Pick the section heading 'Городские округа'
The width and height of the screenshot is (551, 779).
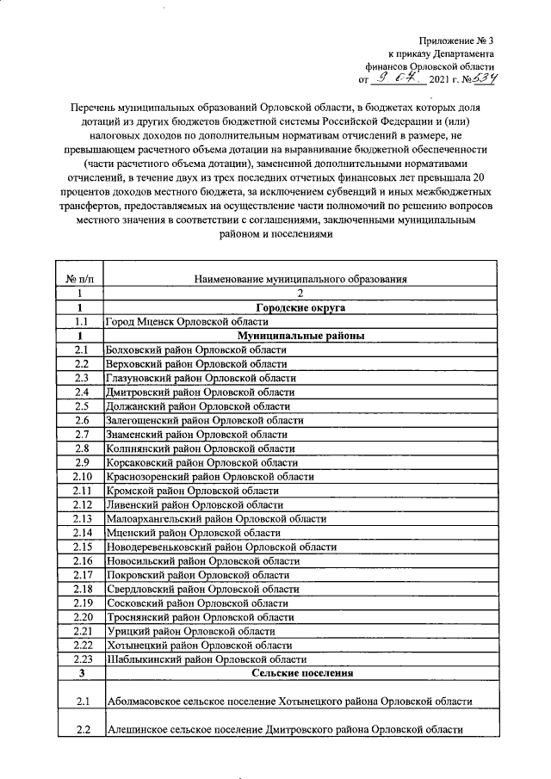(x=300, y=306)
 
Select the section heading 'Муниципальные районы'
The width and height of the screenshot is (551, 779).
(x=300, y=336)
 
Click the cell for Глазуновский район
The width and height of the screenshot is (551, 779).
(x=200, y=378)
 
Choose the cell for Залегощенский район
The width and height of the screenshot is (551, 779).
(x=203, y=420)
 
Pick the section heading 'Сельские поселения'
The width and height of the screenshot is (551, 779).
(x=300, y=672)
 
